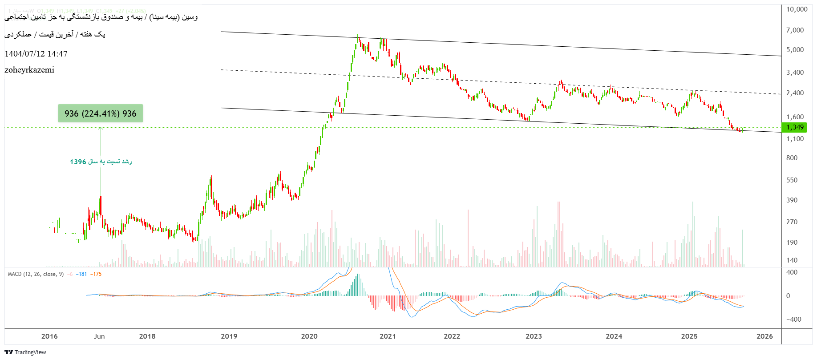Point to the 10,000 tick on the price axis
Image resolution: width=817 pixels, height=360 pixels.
pos(797,9)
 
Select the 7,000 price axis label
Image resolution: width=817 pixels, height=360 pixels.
pos(795,30)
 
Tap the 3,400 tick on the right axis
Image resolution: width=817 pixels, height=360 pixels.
pos(795,73)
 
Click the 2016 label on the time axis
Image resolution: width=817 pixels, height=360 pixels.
pos(49,336)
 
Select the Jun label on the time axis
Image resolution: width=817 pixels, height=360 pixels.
pos(99,336)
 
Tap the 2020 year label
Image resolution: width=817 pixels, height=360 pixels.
pos(309,336)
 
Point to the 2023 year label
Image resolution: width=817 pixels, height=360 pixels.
pos(534,336)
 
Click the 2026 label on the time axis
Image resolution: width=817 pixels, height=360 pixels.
pos(764,336)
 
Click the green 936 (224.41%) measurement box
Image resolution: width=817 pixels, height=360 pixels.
pos(101,113)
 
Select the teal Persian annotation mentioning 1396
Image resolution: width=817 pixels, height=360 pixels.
pos(101,162)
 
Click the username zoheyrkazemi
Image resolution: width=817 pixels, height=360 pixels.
pos(29,70)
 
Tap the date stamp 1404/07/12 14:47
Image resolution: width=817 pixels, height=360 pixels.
pos(36,54)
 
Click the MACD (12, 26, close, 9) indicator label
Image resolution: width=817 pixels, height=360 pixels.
pos(36,274)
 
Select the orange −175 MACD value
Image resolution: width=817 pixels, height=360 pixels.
pos(96,274)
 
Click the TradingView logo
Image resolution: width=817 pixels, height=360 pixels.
pos(25,352)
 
